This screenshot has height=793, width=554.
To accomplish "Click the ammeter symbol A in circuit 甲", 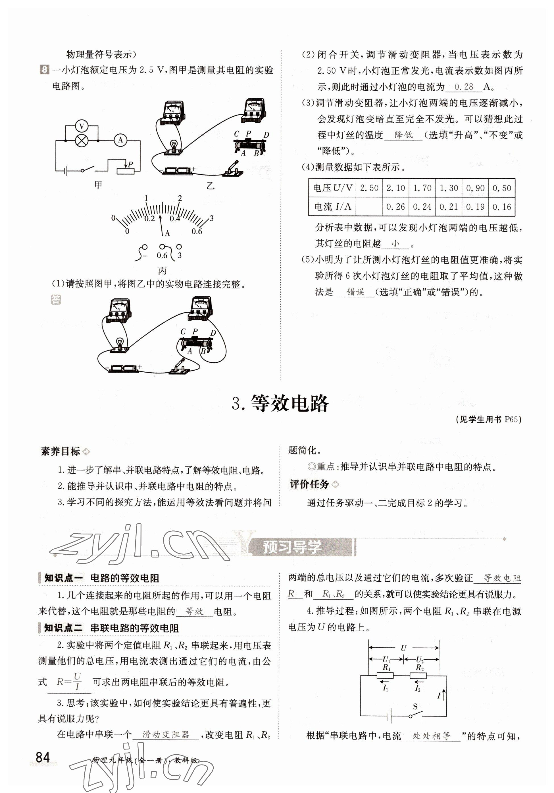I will click(120, 140).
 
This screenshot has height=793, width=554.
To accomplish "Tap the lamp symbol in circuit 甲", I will click(82, 141).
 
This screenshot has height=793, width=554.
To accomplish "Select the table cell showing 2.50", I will click(369, 188).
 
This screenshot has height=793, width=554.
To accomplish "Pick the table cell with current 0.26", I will click(395, 206).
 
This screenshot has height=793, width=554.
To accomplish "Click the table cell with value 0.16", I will click(501, 206).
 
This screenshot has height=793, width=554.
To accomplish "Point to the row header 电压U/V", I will click(332, 188).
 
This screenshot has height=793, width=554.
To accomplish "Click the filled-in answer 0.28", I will click(464, 87).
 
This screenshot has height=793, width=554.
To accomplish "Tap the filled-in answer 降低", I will click(403, 135).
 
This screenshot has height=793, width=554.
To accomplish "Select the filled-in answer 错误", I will click(355, 292).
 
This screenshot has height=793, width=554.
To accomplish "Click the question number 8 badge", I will click(45, 70).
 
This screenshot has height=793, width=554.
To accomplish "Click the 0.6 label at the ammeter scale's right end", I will click(197, 232).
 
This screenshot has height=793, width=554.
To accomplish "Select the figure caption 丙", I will click(162, 270).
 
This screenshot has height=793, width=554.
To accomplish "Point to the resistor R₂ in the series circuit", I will click(418, 676).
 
